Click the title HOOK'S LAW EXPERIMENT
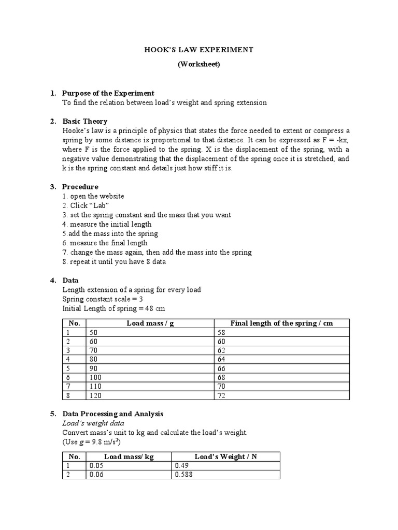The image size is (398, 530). tap(198, 50)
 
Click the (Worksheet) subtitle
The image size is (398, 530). tap(198, 64)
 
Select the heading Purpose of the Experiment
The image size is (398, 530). tap(108, 93)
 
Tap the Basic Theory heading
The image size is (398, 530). tap(84, 121)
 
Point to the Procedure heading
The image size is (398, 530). tap(80, 186)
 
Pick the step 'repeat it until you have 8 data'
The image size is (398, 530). tap(114, 261)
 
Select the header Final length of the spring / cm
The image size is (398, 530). tap(281, 323)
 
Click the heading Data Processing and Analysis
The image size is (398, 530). tap(112, 414)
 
